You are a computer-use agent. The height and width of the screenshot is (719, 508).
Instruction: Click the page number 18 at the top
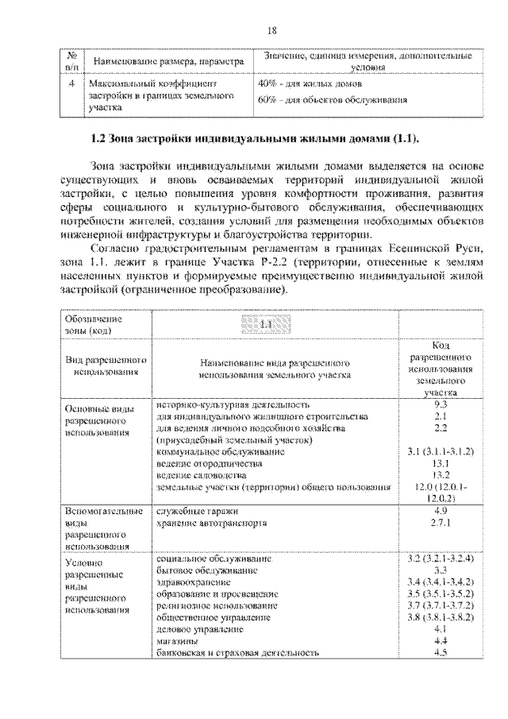point(271,30)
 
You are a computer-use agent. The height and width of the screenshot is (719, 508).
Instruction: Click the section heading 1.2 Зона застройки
point(254,139)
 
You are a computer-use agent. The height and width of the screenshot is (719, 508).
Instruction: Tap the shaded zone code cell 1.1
point(266,324)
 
